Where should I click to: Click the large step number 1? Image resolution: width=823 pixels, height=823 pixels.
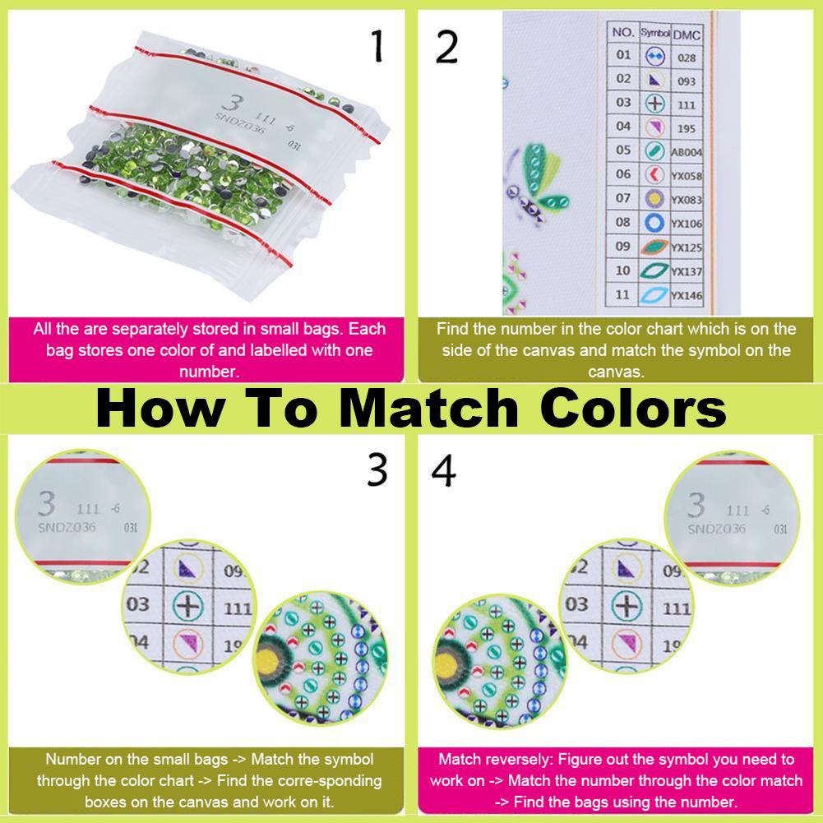(x=377, y=46)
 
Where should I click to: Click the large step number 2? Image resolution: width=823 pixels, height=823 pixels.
(x=446, y=47)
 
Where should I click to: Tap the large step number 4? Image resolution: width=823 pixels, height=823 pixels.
(x=443, y=470)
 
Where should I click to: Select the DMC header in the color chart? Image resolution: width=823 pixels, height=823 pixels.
(x=687, y=35)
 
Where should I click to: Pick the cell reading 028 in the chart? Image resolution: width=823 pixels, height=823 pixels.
(x=687, y=58)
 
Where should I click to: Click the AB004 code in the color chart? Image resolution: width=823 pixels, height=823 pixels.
(x=687, y=152)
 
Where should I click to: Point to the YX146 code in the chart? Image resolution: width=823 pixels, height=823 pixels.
(x=687, y=295)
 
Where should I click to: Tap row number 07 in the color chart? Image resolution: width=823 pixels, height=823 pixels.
(x=623, y=198)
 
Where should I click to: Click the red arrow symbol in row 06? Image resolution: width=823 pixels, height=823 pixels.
(x=654, y=174)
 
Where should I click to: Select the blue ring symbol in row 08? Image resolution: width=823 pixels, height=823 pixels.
(x=654, y=223)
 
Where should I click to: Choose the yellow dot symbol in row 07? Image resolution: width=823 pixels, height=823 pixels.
(x=654, y=198)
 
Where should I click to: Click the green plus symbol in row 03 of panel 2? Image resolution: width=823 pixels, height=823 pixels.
(x=654, y=103)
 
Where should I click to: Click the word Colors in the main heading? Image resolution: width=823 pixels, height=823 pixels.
(x=633, y=409)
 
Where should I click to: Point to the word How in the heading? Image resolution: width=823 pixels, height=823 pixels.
(x=161, y=409)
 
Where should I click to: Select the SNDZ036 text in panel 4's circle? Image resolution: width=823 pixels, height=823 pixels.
(x=716, y=529)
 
